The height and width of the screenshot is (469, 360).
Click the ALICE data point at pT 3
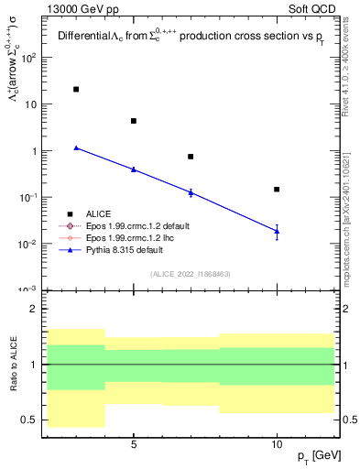76,90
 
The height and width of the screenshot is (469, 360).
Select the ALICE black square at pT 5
134,121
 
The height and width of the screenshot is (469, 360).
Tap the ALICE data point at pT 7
191,157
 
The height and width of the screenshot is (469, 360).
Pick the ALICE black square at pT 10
277,190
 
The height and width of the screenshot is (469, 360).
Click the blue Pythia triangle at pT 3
76,147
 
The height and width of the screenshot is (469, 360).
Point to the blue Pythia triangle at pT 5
134,169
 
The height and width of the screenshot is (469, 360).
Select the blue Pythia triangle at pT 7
191,192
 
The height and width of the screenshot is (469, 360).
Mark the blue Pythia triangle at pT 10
277,232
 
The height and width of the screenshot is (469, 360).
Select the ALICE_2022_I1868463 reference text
190,275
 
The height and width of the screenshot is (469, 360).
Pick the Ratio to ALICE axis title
14,364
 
